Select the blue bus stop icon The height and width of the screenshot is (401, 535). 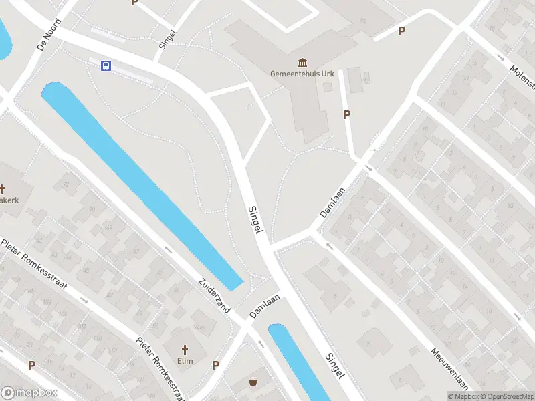[x=106, y=65]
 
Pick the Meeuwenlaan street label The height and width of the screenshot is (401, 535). [x=449, y=368]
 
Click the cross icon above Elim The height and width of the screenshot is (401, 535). [x=186, y=350]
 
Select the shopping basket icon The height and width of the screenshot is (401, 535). [x=253, y=382]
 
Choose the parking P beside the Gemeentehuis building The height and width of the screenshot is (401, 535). [x=346, y=115]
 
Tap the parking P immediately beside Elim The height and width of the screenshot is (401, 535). [x=215, y=365]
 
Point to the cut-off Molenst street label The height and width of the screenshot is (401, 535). [x=522, y=78]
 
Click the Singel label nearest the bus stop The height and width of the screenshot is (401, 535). [x=168, y=39]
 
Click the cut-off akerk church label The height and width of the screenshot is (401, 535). [x=9, y=200]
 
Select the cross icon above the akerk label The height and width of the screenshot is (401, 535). [x=3, y=189]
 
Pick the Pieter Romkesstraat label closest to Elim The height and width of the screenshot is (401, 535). [x=160, y=368]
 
